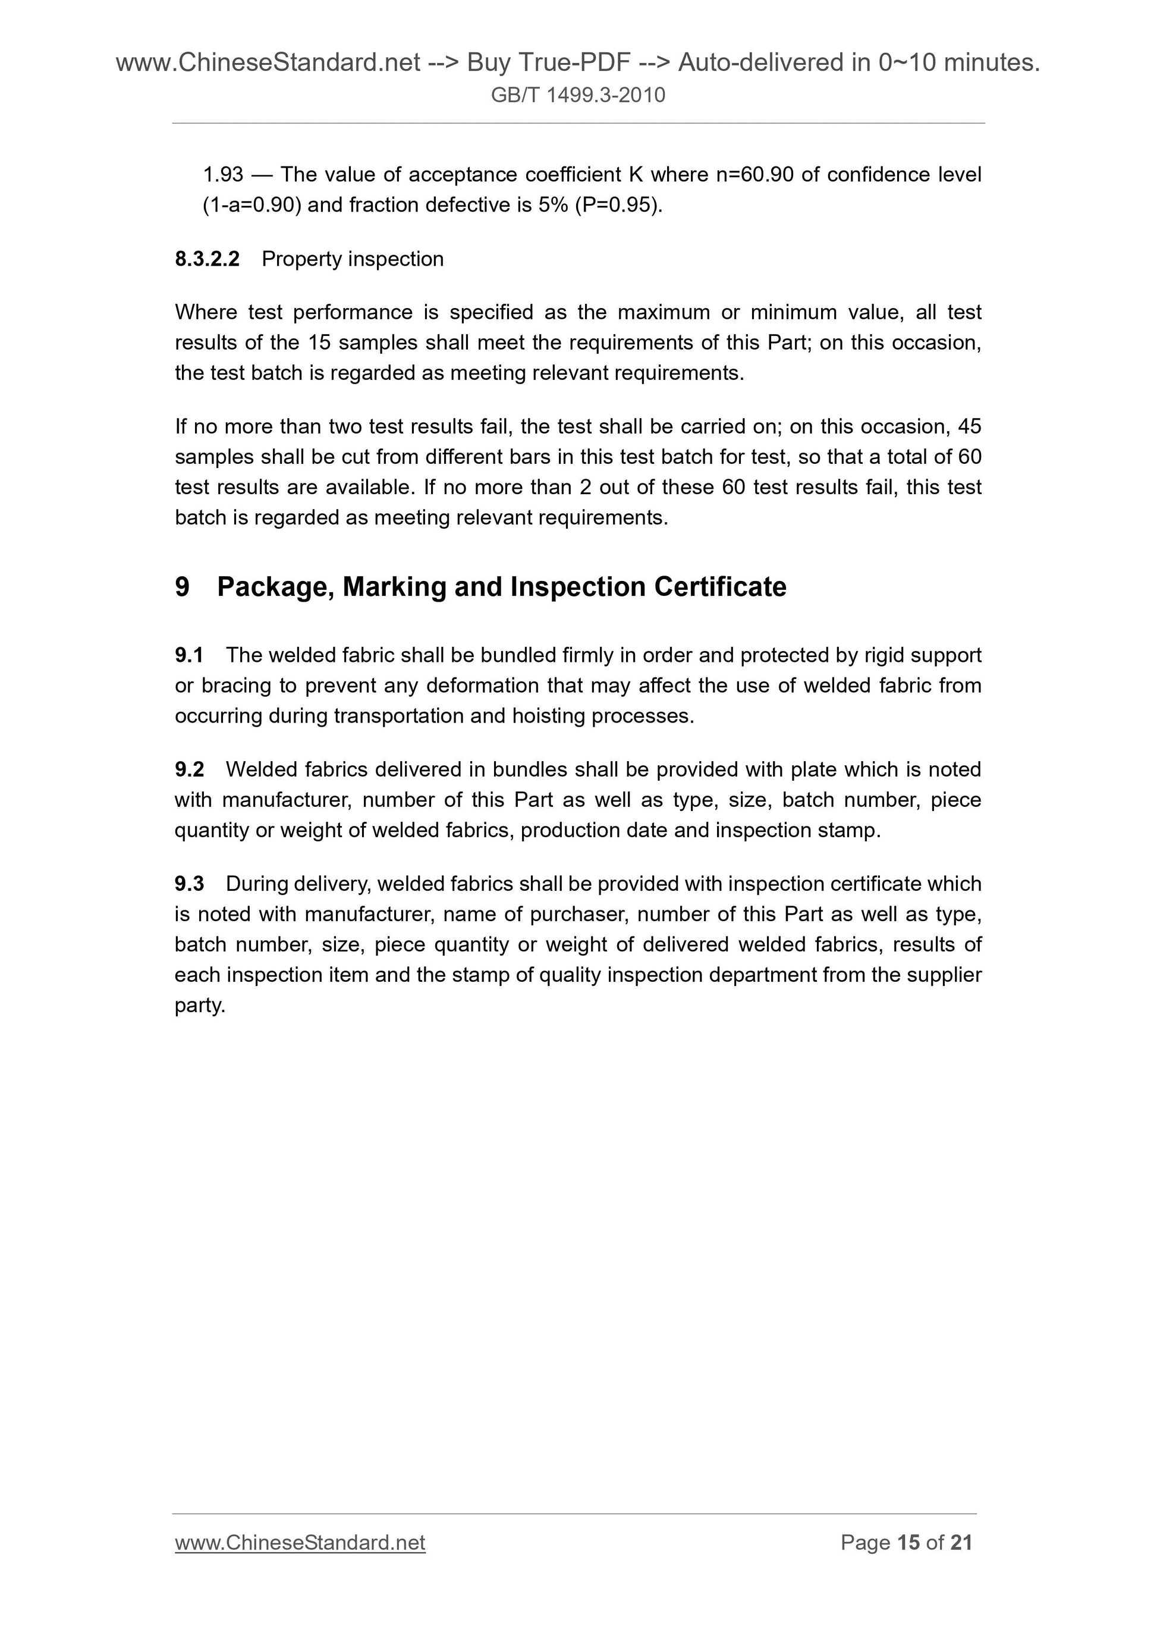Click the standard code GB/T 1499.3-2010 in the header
577,95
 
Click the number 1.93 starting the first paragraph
223,175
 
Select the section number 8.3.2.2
207,259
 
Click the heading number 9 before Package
183,587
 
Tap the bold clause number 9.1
189,655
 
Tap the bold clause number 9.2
189,769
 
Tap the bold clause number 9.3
189,884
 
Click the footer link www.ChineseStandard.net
300,1543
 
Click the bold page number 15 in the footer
908,1543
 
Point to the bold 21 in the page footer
961,1543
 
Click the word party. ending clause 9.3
200,1006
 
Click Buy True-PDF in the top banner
548,63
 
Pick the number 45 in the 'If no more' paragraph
970,426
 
